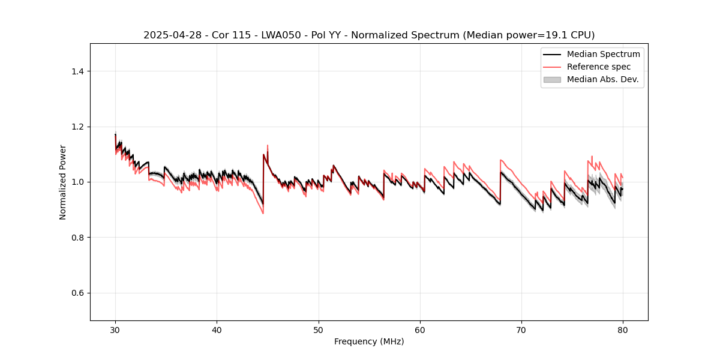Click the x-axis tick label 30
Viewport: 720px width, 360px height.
[x=115, y=330]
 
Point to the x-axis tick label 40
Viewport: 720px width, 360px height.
[x=217, y=330]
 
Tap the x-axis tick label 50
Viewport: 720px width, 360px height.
[x=319, y=330]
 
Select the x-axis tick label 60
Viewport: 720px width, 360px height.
[x=420, y=330]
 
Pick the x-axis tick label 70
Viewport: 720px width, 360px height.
[x=521, y=330]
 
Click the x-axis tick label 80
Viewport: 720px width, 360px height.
[x=623, y=330]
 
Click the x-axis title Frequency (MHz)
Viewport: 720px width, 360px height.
[x=369, y=342]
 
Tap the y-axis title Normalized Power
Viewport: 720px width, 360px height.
[x=63, y=182]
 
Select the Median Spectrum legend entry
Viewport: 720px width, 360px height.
[x=603, y=54]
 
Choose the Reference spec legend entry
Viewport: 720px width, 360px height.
[x=598, y=67]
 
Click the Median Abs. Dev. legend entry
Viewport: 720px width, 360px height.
[x=602, y=79]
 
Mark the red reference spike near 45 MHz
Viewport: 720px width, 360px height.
[x=268, y=146]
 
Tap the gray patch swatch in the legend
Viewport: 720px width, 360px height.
[x=552, y=79]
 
